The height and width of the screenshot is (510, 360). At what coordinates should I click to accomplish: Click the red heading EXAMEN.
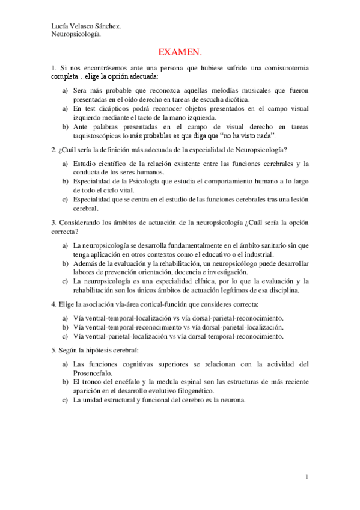(180, 52)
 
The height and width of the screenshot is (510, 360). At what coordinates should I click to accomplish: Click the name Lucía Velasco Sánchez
(86, 26)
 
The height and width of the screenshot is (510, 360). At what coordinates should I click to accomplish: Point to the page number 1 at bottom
(307, 477)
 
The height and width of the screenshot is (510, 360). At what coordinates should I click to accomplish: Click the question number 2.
(53, 150)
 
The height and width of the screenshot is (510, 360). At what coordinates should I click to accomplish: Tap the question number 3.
(53, 223)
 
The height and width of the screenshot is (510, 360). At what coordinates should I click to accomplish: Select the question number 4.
(53, 304)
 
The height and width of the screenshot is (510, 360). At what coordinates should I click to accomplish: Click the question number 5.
(53, 350)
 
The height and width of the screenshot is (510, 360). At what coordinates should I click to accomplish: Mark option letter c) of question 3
(66, 281)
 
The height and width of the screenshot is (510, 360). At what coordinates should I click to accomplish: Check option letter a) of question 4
(66, 318)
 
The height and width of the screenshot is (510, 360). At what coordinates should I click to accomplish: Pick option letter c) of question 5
(66, 400)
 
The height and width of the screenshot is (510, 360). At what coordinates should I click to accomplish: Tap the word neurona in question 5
(233, 400)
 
